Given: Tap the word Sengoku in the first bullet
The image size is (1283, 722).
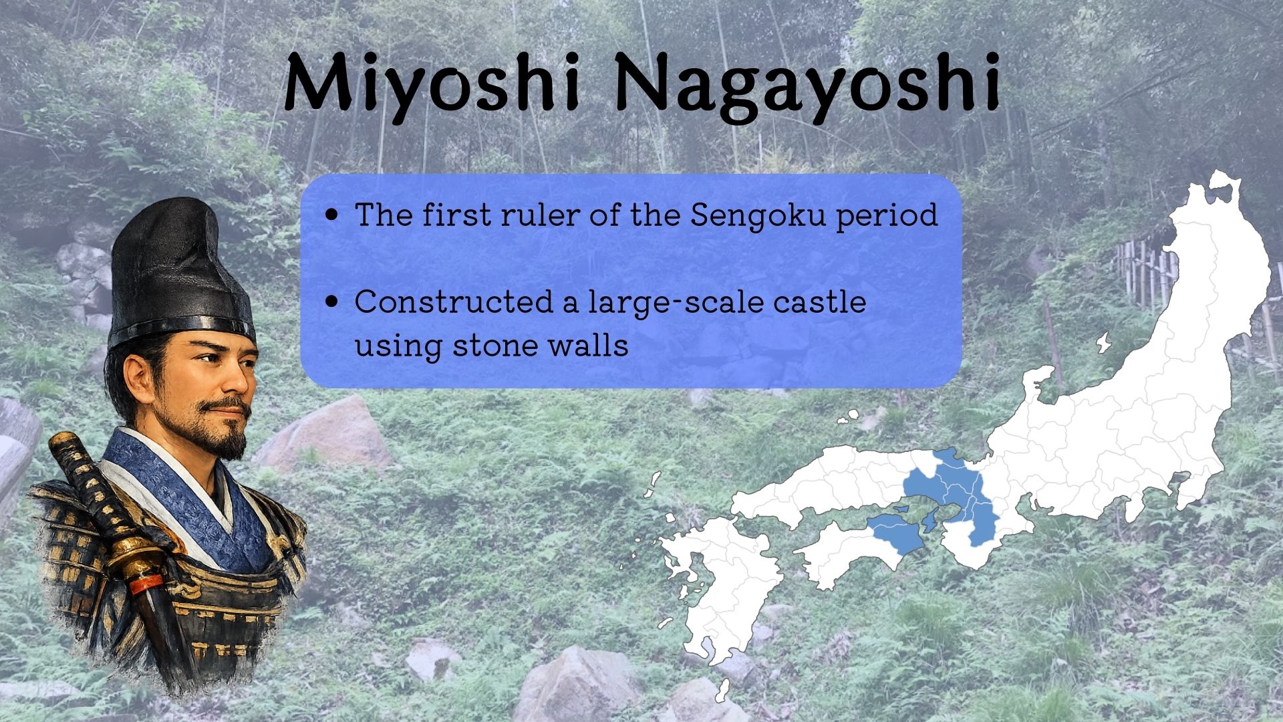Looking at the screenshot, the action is click(758, 216).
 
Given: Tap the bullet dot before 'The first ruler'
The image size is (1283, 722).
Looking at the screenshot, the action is click(331, 216).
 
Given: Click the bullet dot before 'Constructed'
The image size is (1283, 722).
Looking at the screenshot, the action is click(331, 302).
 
